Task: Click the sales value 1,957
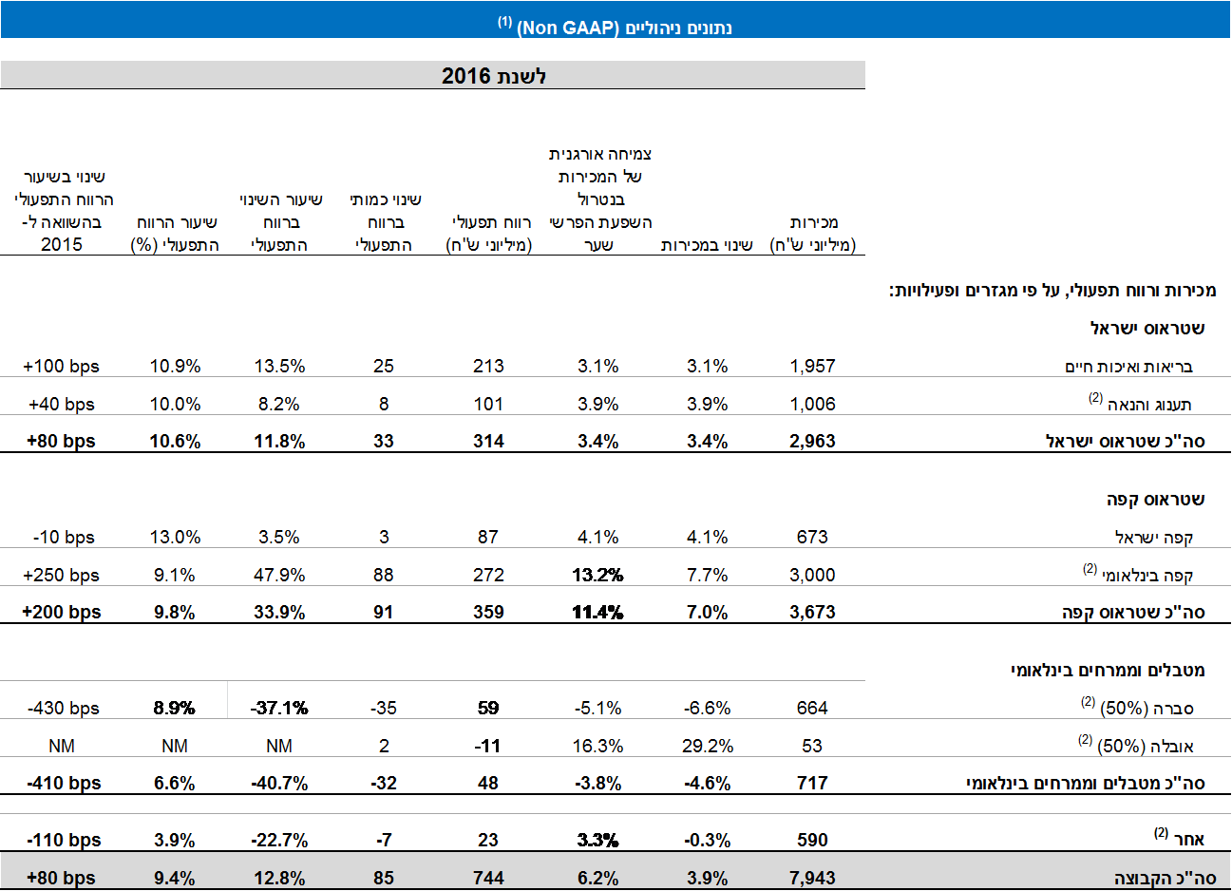(812, 366)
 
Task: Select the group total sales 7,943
(812, 878)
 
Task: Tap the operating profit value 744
(488, 878)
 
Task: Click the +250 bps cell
(61, 575)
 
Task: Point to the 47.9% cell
(279, 575)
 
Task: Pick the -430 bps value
(63, 708)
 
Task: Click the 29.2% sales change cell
(707, 746)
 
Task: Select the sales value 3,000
(812, 575)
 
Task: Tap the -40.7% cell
(279, 783)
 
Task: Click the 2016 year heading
(494, 76)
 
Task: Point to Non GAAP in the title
(567, 28)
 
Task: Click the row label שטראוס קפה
(1155, 500)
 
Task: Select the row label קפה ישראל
(1153, 538)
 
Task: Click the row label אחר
(1188, 840)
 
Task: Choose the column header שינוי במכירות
(707, 245)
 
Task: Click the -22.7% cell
(279, 840)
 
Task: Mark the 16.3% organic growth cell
(597, 746)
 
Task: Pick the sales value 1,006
(812, 404)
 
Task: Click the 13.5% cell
(279, 366)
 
